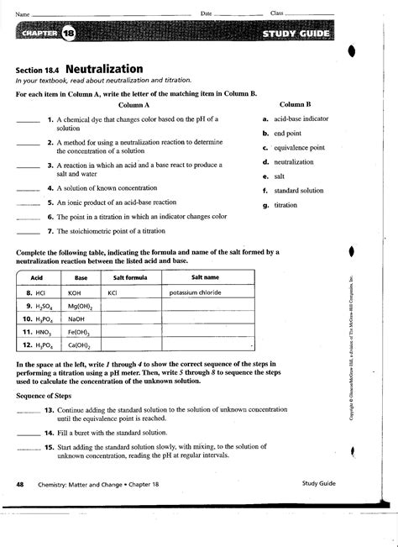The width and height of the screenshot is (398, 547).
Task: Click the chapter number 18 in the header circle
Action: click(68, 33)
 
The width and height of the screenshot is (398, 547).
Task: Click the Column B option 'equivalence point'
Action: click(299, 147)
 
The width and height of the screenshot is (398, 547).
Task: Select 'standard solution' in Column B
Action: click(298, 190)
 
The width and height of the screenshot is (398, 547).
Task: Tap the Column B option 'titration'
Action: click(285, 204)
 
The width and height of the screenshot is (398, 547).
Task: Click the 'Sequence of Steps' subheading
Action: click(43, 395)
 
